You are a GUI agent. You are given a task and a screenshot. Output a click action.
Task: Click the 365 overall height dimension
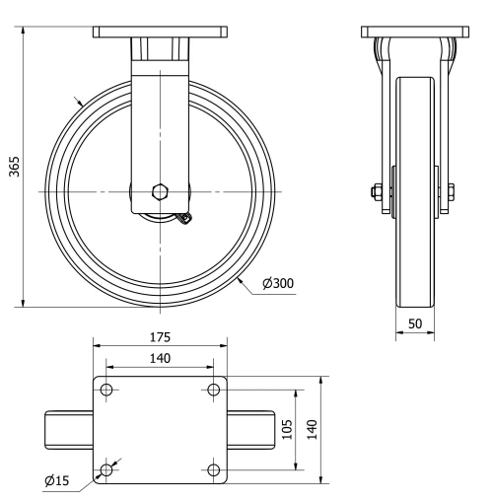click(x=13, y=165)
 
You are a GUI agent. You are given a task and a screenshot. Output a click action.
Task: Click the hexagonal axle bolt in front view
click(x=160, y=191)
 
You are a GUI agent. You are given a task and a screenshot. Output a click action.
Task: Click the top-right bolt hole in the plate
click(x=213, y=391)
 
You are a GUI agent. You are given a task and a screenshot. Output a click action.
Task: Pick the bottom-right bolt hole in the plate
click(x=213, y=469)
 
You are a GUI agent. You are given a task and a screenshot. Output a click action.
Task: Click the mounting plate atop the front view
click(x=160, y=33)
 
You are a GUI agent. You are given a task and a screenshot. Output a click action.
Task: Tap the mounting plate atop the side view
click(x=414, y=33)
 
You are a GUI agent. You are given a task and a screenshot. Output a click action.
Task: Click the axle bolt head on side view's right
click(x=451, y=191)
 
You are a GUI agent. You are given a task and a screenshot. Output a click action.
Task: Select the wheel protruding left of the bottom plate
click(x=69, y=430)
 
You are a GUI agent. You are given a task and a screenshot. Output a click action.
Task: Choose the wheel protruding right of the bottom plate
click(x=249, y=430)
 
